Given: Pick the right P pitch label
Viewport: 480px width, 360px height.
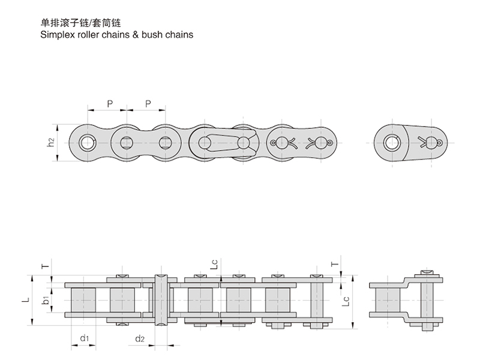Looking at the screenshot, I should click(148, 103).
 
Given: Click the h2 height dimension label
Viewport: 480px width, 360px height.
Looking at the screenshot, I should click(52, 142).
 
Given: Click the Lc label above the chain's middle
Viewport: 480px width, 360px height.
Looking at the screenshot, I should click(215, 264).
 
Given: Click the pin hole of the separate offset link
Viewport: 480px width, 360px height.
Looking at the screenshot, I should click(393, 143).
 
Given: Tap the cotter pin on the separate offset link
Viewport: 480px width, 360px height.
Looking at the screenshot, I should click(431, 143).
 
